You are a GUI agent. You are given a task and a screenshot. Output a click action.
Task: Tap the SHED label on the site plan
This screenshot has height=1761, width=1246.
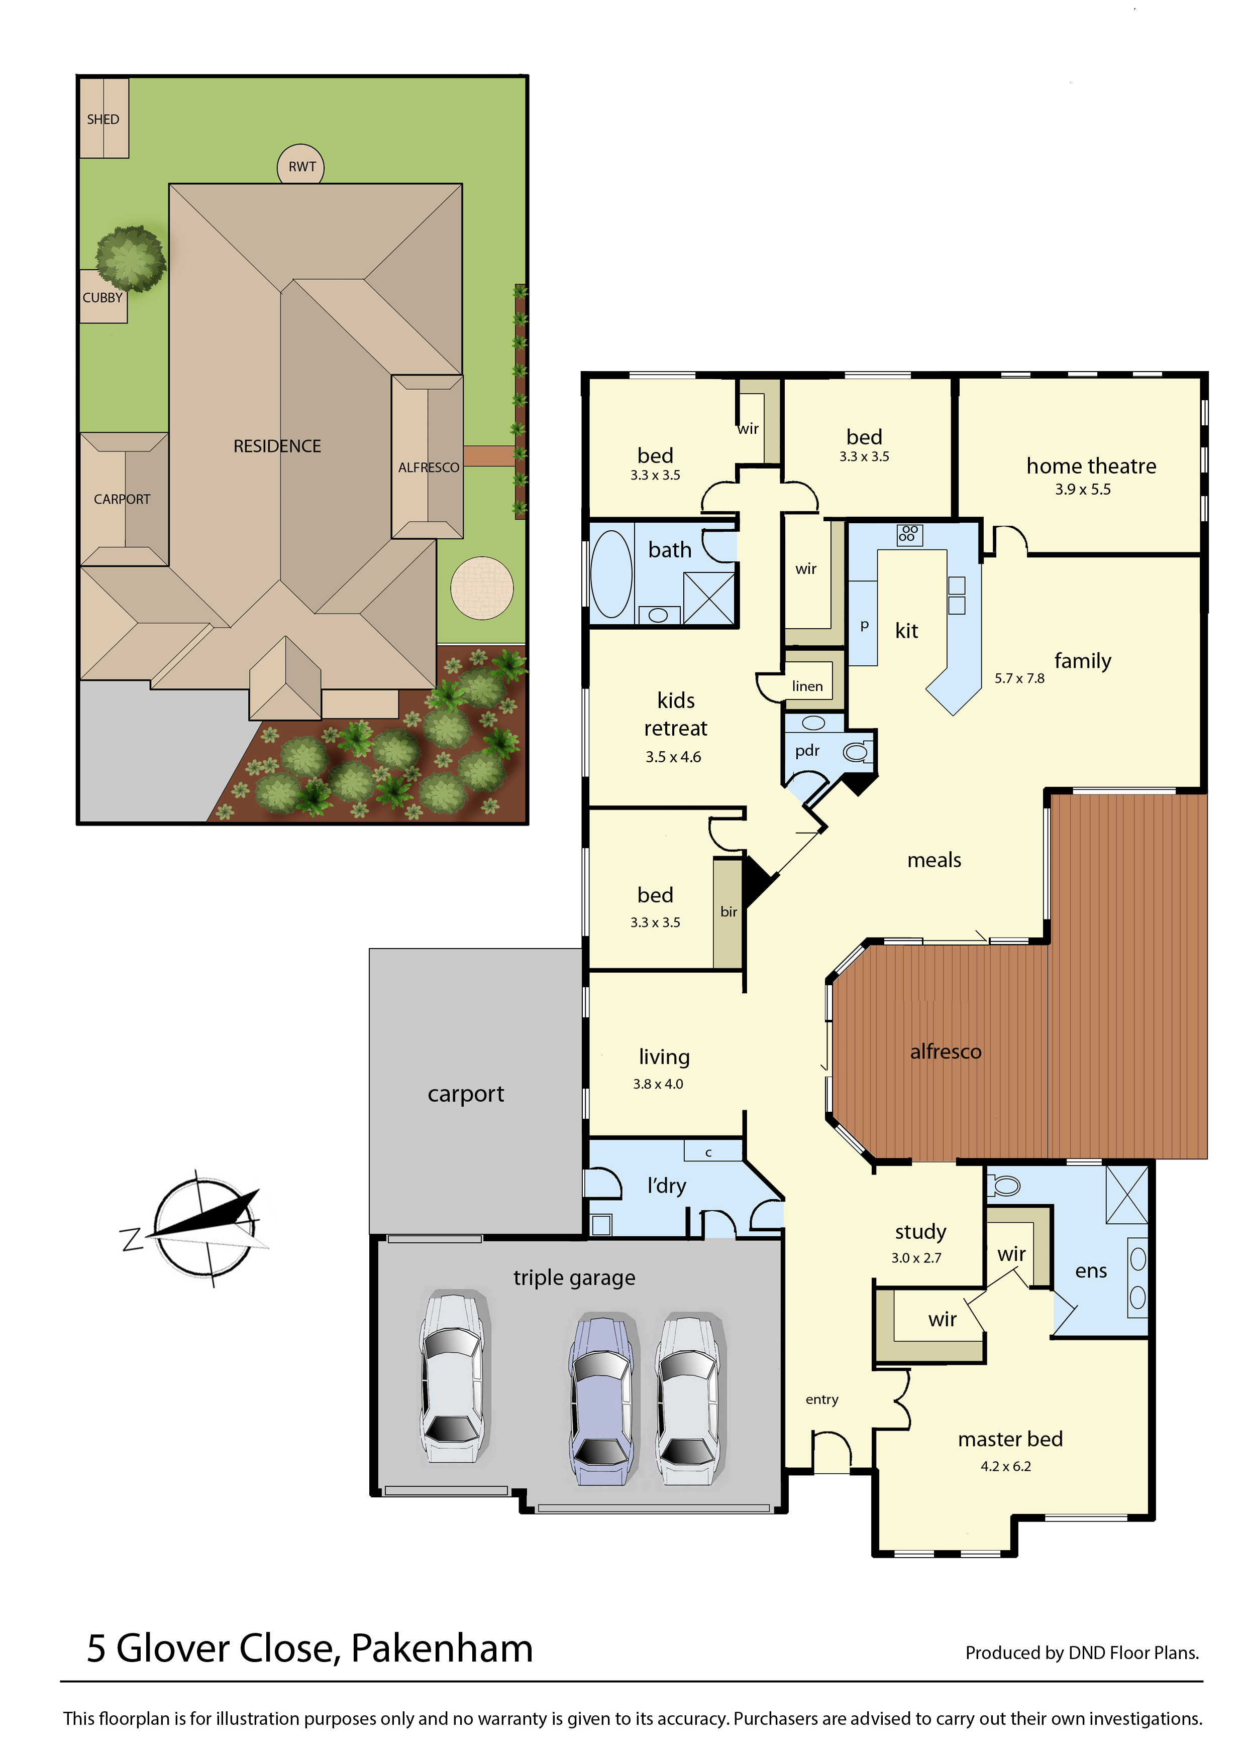click(103, 120)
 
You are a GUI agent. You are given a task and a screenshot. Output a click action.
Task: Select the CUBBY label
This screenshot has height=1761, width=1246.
click(103, 298)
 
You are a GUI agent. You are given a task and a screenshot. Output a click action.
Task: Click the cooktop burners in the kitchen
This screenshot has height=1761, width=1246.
click(909, 534)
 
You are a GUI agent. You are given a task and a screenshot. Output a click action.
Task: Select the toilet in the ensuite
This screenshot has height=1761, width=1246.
click(1003, 1186)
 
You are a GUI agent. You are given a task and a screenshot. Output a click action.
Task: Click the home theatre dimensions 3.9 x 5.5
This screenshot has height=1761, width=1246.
click(1083, 490)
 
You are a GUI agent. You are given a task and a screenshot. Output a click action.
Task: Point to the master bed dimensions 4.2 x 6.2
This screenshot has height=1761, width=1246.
click(1006, 1466)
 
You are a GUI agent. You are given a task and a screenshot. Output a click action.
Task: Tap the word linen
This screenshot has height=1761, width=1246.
click(807, 686)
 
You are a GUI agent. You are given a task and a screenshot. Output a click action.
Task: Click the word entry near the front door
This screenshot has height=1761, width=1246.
click(822, 1400)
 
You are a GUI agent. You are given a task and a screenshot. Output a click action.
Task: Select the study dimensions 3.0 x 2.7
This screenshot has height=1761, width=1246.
click(916, 1258)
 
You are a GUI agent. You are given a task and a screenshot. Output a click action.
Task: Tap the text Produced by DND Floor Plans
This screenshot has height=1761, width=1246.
click(1082, 1653)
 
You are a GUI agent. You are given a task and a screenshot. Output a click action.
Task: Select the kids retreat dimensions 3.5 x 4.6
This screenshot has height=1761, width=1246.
click(673, 757)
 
